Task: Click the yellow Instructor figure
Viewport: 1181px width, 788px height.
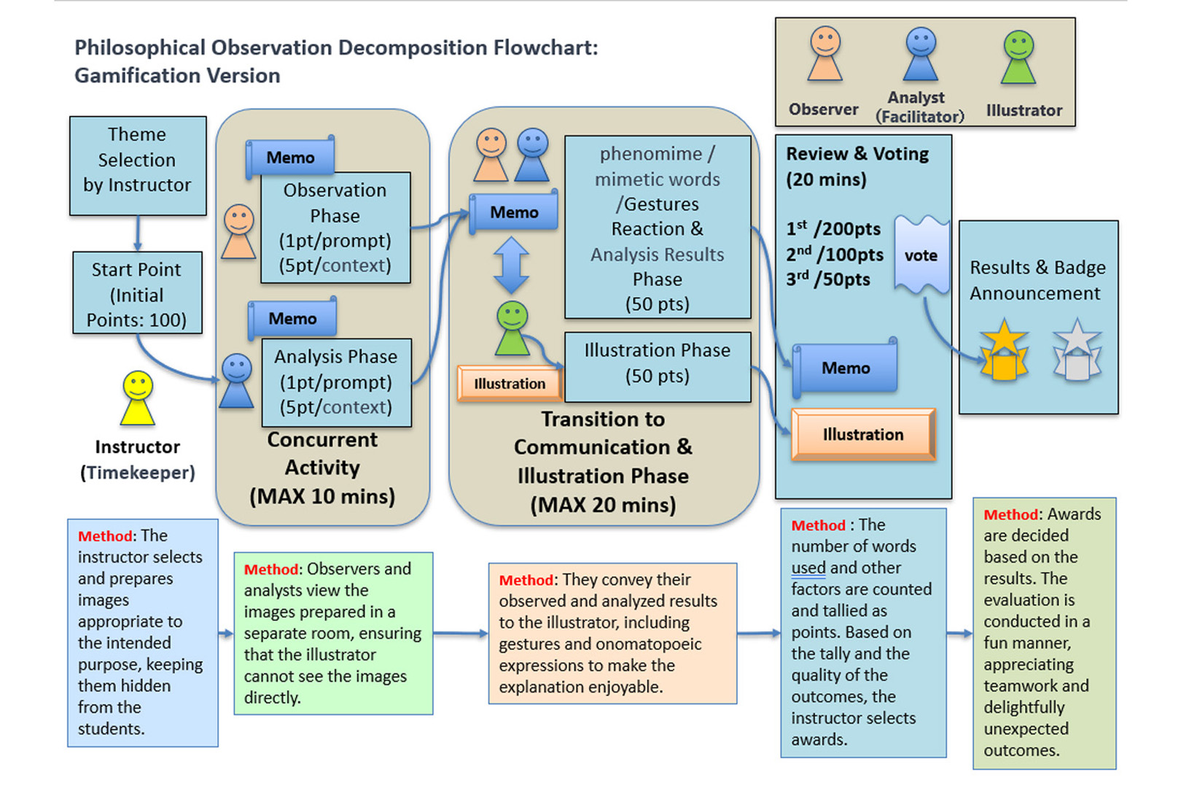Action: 138,398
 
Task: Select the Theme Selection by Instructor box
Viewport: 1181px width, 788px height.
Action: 138,166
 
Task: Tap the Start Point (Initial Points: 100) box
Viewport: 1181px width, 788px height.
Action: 137,293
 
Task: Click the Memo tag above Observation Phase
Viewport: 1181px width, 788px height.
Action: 290,158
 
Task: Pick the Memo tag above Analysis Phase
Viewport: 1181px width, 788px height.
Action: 292,319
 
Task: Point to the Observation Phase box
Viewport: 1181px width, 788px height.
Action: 335,228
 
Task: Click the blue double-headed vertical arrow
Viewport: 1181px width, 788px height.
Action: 511,264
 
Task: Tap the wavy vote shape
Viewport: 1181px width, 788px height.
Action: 921,255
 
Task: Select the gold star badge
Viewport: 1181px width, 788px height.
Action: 1004,351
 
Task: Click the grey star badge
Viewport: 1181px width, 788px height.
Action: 1077,351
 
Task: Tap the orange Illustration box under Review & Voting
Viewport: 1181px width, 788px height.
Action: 863,435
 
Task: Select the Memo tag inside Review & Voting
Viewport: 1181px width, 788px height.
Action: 846,368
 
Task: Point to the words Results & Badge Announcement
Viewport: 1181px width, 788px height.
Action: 1037,280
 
